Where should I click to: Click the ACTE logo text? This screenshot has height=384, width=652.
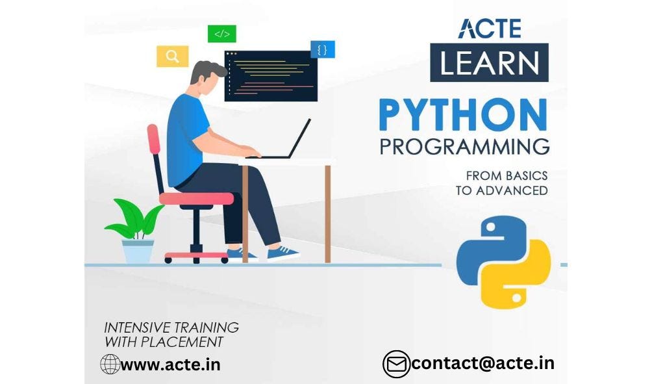tap(489, 28)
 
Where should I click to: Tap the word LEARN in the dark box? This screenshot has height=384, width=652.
tap(489, 62)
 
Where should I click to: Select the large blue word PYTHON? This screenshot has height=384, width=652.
tap(463, 116)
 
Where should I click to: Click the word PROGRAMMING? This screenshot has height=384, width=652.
tap(464, 146)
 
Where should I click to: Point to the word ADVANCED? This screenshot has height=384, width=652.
tap(512, 190)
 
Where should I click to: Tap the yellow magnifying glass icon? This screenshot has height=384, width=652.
tap(172, 56)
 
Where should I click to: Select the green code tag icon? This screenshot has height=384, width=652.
tap(221, 33)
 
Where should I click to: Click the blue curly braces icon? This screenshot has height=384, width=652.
tap(323, 49)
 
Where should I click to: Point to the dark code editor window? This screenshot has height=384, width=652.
tap(271, 76)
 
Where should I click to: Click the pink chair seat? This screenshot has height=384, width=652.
tap(195, 198)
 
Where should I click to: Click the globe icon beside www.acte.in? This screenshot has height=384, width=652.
tap(109, 364)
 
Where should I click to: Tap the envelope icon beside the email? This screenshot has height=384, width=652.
tap(395, 364)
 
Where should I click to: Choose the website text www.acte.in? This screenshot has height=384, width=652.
tap(170, 365)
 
